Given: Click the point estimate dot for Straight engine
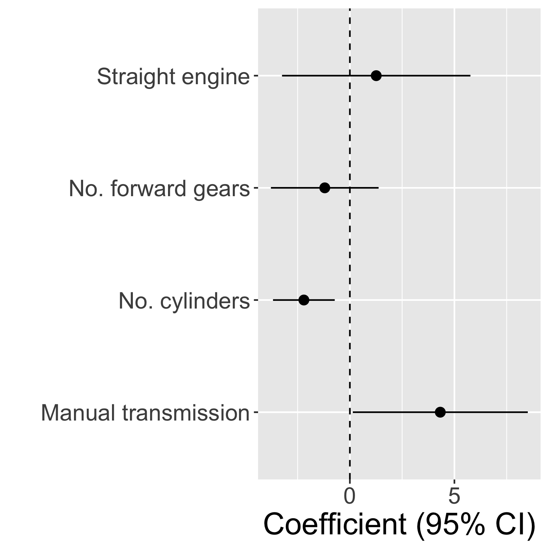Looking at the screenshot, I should (x=376, y=76).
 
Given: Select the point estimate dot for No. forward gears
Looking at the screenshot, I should (x=325, y=188).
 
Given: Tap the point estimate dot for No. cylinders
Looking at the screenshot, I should (x=304, y=300).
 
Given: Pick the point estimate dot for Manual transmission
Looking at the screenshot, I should (x=440, y=412).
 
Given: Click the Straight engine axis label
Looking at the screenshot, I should (x=173, y=77).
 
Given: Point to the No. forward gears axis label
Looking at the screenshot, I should (x=159, y=189).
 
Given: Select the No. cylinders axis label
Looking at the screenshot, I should (x=184, y=302).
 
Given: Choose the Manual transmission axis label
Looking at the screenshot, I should (x=145, y=413).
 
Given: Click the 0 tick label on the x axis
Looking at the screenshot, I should (x=350, y=497).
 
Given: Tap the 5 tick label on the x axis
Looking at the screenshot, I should (x=454, y=497).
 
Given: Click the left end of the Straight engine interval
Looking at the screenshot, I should (x=282, y=76).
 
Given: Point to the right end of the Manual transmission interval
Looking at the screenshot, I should (x=528, y=412).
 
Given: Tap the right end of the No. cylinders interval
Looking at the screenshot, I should (x=335, y=300).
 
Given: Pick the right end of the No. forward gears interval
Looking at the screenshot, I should (x=378, y=188).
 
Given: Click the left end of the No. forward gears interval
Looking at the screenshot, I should (x=271, y=188).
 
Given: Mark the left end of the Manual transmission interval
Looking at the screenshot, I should (x=353, y=412).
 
